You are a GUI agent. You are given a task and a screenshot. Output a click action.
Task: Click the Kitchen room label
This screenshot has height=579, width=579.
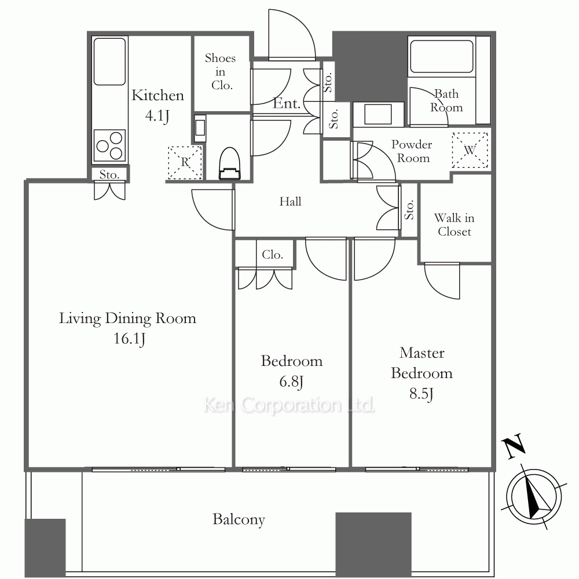[x=157, y=96]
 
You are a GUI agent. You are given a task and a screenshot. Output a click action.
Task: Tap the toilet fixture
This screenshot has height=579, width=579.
[x=230, y=164]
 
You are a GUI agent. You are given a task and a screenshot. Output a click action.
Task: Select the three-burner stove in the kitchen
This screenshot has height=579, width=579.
[x=109, y=145]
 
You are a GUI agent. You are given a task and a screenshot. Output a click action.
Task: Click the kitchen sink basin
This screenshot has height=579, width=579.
[x=109, y=62]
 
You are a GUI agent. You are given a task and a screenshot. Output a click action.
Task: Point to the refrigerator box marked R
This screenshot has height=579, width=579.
[x=185, y=163]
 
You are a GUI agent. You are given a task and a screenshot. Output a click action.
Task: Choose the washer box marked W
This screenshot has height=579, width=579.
[x=470, y=151]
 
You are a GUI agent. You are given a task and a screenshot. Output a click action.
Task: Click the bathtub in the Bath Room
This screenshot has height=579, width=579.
[x=442, y=57]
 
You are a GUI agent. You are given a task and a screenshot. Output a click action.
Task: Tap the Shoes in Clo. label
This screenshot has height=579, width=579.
[x=221, y=72]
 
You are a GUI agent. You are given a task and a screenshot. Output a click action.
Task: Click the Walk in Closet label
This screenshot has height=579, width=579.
[x=454, y=225]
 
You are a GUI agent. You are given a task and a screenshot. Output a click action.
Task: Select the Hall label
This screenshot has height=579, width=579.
[x=290, y=201]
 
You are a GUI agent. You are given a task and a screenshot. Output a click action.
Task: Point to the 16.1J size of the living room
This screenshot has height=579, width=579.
[x=129, y=339]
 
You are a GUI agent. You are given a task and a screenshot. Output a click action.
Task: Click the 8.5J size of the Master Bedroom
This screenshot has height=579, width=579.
[x=422, y=394]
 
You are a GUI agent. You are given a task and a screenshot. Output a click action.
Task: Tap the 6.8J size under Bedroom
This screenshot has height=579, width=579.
[x=291, y=382]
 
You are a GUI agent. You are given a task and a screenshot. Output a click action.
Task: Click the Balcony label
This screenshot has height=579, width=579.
[x=239, y=519]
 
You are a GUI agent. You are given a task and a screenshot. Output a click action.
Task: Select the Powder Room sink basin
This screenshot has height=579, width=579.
[x=378, y=115]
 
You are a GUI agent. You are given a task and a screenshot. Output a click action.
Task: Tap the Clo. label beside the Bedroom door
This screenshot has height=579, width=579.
[x=273, y=254]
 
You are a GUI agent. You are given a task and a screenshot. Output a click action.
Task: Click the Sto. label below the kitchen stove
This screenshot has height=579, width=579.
[x=109, y=174]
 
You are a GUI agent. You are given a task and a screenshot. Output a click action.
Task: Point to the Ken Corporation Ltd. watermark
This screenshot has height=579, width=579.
[x=289, y=405]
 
